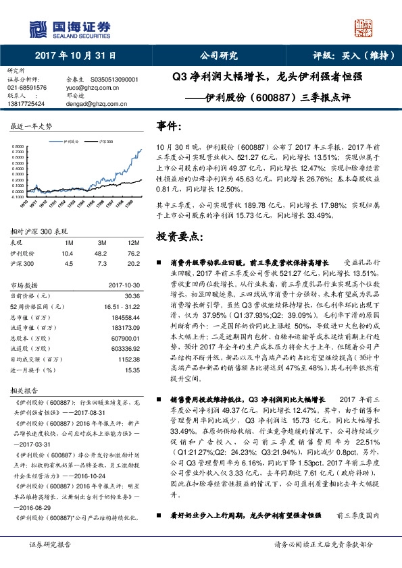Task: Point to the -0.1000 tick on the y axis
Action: [x=20, y=196]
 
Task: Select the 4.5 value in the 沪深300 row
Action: [x=67, y=264]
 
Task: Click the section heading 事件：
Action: [x=170, y=125]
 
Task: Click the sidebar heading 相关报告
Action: [x=26, y=391]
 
